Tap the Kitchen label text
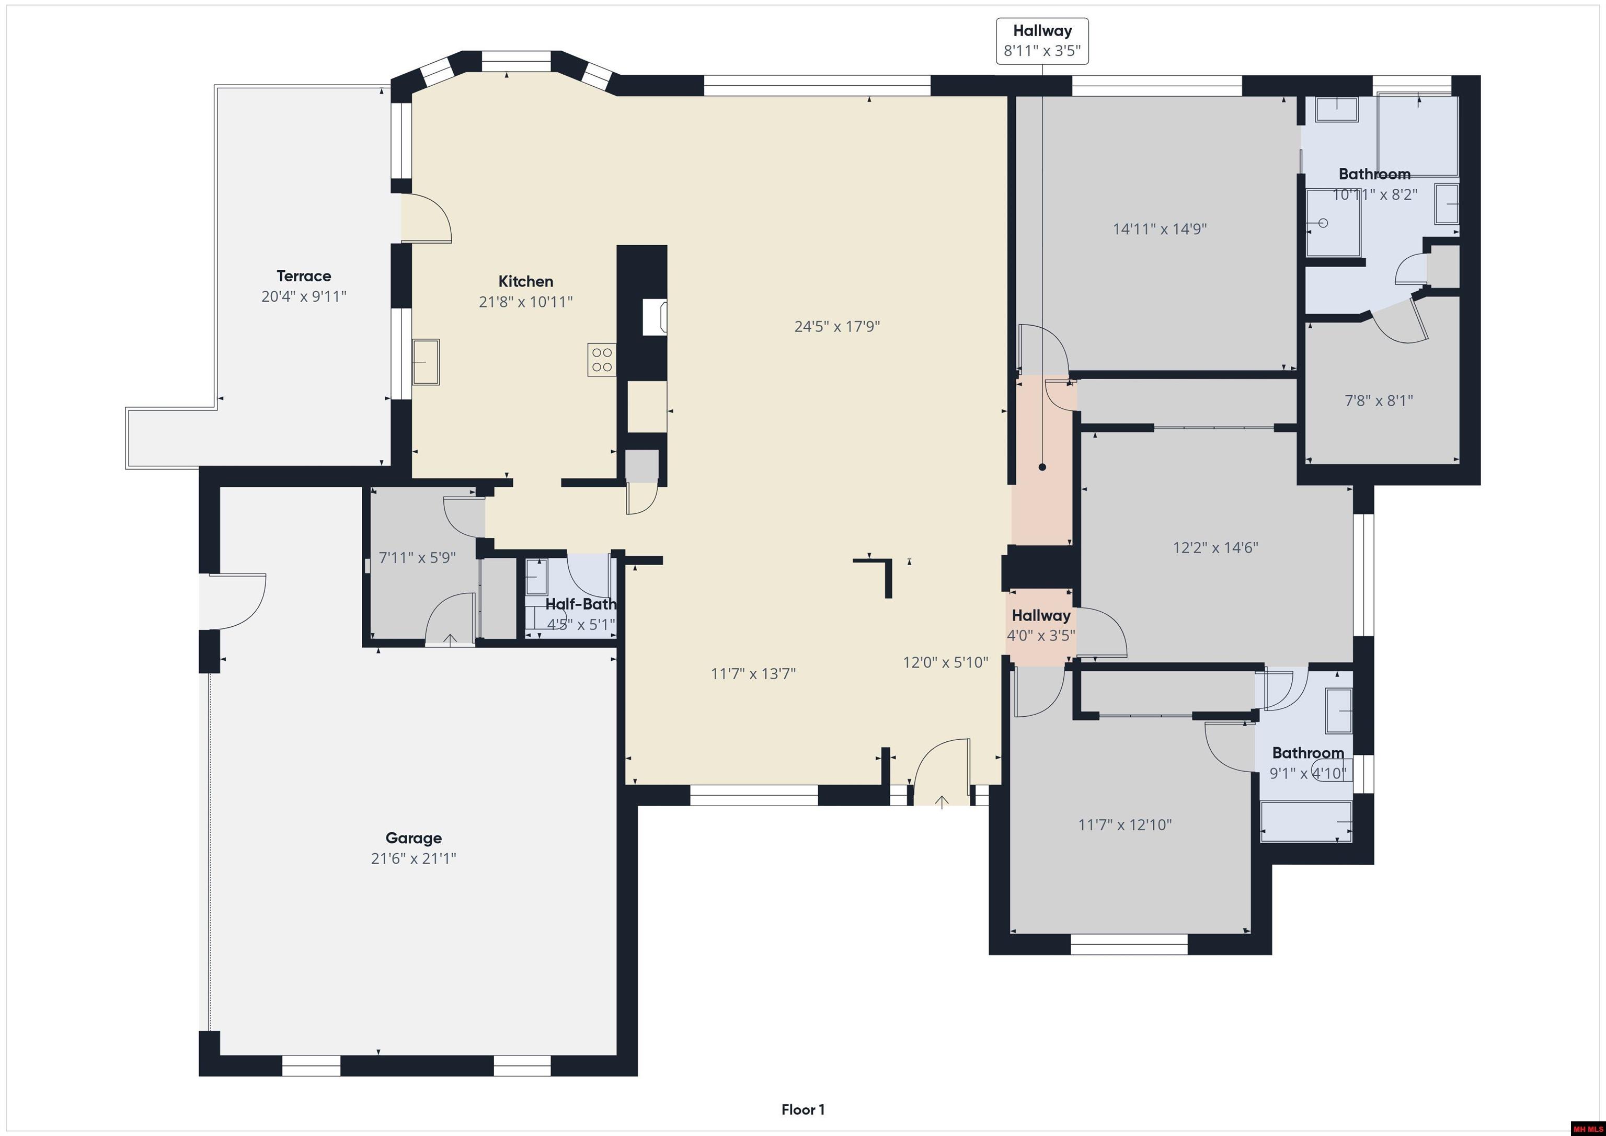click(x=526, y=281)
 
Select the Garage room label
click(x=414, y=837)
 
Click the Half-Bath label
click(x=581, y=604)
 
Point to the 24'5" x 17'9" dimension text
click(x=838, y=326)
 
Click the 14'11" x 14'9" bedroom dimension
click(x=1160, y=229)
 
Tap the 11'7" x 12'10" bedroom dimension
click(x=1125, y=825)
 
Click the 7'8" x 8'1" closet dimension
click(x=1379, y=401)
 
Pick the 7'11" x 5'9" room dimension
click(x=417, y=557)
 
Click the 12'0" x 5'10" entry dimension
click(x=946, y=662)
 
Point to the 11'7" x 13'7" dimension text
click(x=753, y=674)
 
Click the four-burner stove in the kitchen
click(x=602, y=360)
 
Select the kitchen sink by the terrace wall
click(x=425, y=362)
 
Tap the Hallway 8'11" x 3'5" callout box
click(x=1042, y=41)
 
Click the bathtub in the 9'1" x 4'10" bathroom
click(x=1305, y=821)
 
